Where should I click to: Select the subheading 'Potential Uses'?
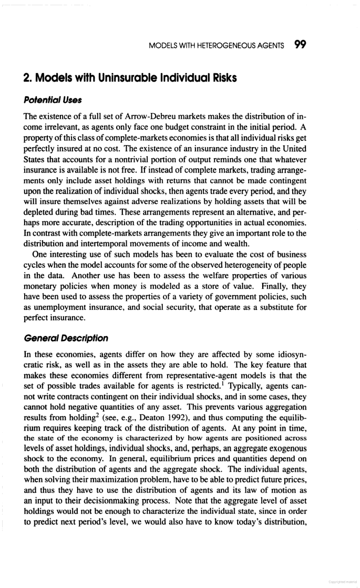click(x=46, y=99)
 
